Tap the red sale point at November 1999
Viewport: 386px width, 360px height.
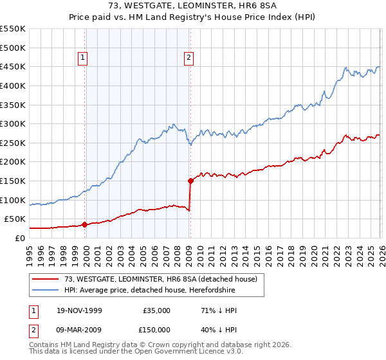click(85, 224)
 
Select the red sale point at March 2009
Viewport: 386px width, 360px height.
click(190, 181)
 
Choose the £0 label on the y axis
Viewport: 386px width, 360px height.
click(19, 238)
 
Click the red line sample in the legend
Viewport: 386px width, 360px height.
click(46, 279)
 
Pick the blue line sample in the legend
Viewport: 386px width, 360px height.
click(46, 291)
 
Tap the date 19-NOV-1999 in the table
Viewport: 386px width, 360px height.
click(80, 310)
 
